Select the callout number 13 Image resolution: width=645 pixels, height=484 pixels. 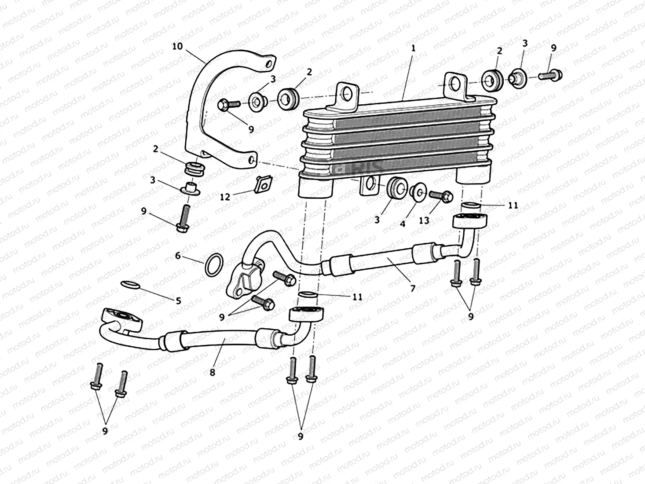tap(424, 220)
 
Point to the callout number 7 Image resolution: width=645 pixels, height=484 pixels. tap(412, 288)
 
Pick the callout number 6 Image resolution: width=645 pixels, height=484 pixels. tap(178, 256)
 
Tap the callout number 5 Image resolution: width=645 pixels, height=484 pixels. tap(178, 301)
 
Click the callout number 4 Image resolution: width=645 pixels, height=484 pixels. tap(403, 224)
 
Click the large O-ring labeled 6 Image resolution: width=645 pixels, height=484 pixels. tap(214, 265)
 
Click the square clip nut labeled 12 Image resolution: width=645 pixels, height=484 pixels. tap(264, 184)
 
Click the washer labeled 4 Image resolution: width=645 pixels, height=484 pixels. tap(417, 191)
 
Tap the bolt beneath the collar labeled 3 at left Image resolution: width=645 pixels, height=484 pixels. tap(183, 218)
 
